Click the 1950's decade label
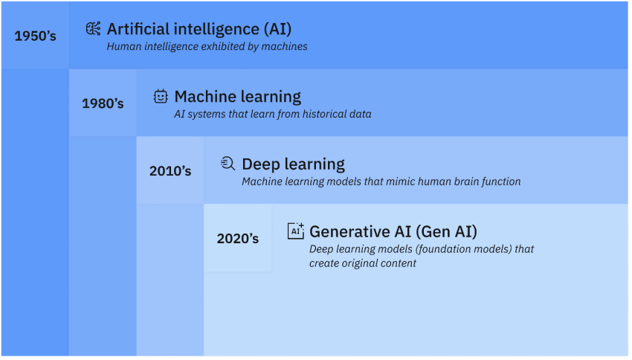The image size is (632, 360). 35,35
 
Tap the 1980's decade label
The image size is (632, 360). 103,103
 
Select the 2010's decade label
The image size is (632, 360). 170,171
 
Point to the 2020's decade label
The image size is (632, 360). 238,239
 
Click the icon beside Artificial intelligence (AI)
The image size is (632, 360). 94,29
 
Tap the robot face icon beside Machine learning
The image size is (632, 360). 161,96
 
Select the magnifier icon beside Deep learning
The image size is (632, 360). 228,164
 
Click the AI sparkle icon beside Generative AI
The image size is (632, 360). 296,231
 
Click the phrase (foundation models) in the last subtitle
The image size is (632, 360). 454,249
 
